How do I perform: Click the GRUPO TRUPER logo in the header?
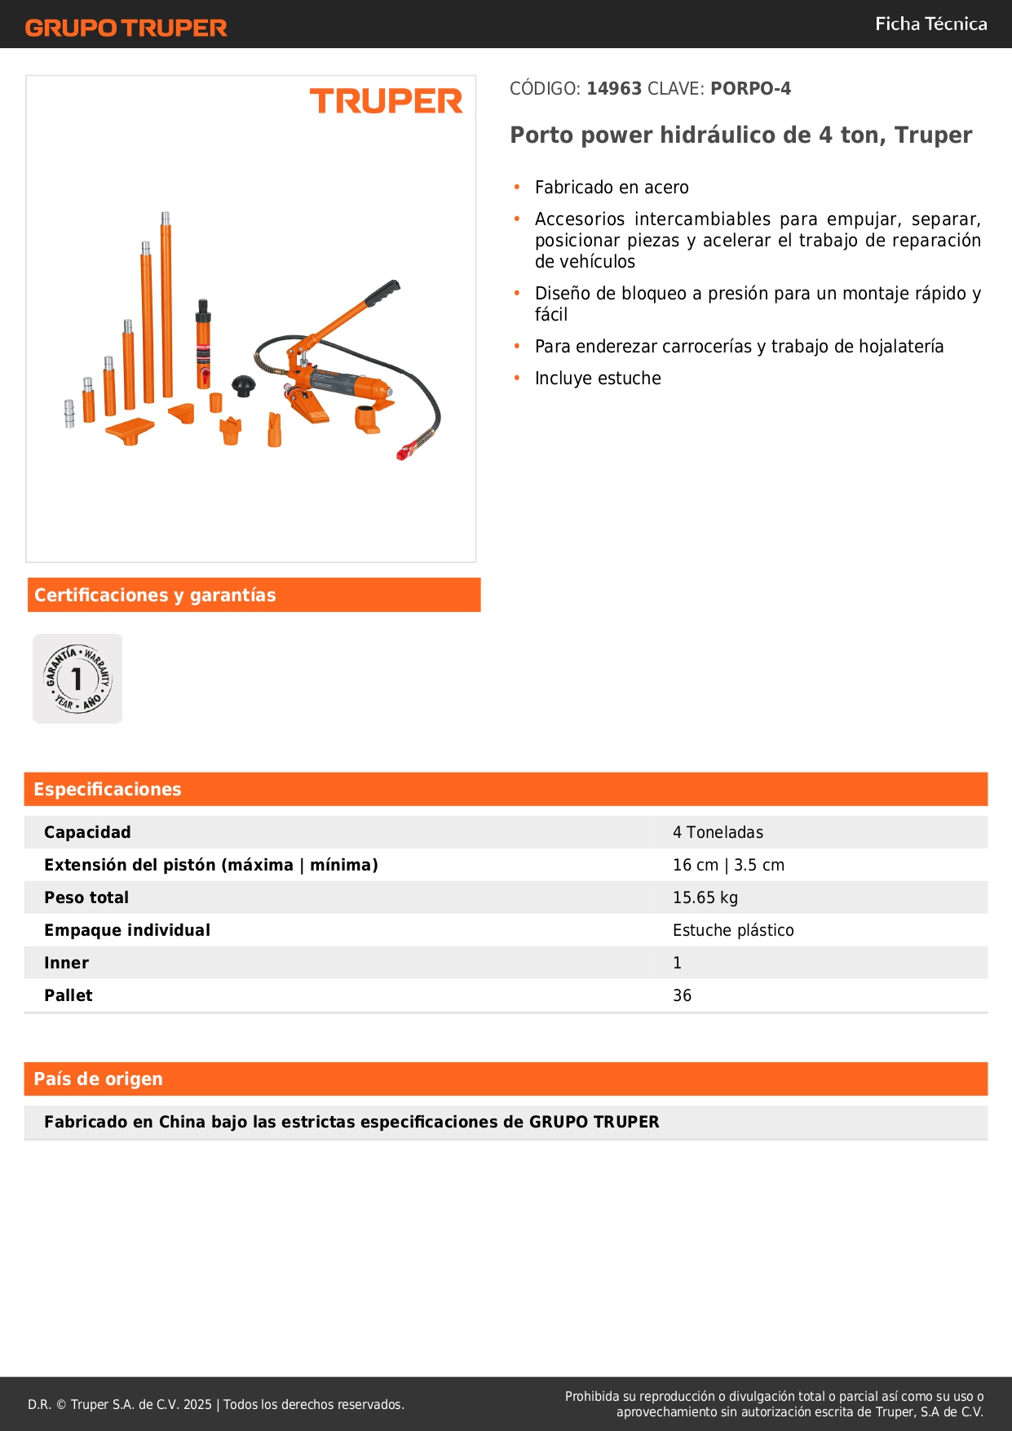coord(126,28)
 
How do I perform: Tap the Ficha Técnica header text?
coord(930,24)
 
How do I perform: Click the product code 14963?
coord(614,88)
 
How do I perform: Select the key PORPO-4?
coord(750,88)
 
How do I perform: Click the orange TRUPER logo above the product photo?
coord(386,101)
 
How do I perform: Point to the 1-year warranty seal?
coord(77,678)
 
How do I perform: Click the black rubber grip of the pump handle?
coord(383,292)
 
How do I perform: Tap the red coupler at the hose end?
coord(405,450)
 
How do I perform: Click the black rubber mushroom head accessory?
coord(243,384)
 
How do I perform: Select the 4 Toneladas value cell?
coord(718,832)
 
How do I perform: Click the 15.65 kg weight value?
coord(705,897)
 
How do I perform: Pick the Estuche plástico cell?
coord(732,930)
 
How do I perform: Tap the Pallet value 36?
coord(682,995)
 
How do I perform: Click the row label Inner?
coord(66,963)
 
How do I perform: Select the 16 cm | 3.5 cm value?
coord(728,865)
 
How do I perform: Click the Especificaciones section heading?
coord(107,789)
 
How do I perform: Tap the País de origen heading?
coord(98,1079)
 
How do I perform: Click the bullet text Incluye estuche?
coord(598,379)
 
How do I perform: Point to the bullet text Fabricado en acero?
coord(612,188)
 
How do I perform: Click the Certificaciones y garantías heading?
coord(155,595)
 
